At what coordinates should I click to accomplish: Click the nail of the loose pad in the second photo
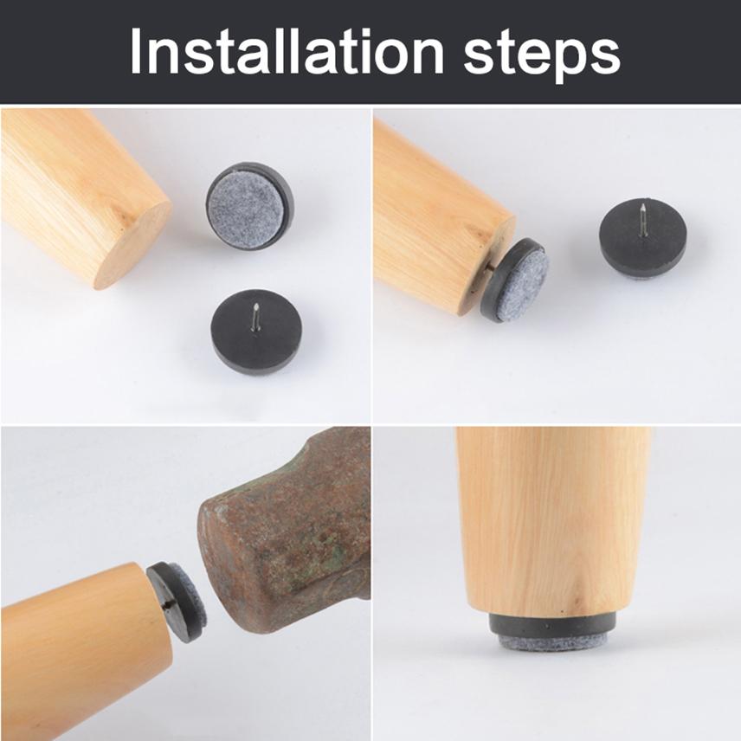click(641, 215)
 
